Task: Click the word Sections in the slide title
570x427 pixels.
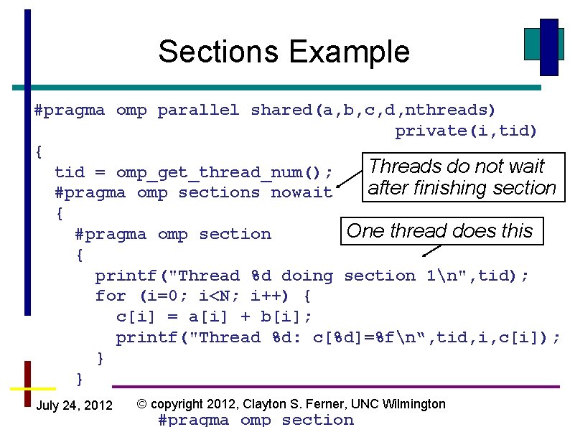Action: click(220, 52)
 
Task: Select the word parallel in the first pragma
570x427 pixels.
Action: click(198, 111)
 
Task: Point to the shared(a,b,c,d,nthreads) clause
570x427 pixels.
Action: click(373, 111)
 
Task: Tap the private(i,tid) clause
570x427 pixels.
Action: click(466, 131)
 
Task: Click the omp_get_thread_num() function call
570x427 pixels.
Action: click(224, 172)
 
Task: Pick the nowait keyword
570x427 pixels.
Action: click(302, 193)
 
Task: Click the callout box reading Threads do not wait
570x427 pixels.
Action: click(462, 177)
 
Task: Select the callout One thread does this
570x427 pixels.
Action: click(439, 231)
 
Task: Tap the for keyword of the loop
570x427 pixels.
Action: click(111, 296)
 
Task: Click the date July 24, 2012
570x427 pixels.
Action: click(74, 406)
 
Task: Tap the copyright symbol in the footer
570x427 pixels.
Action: click(142, 404)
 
